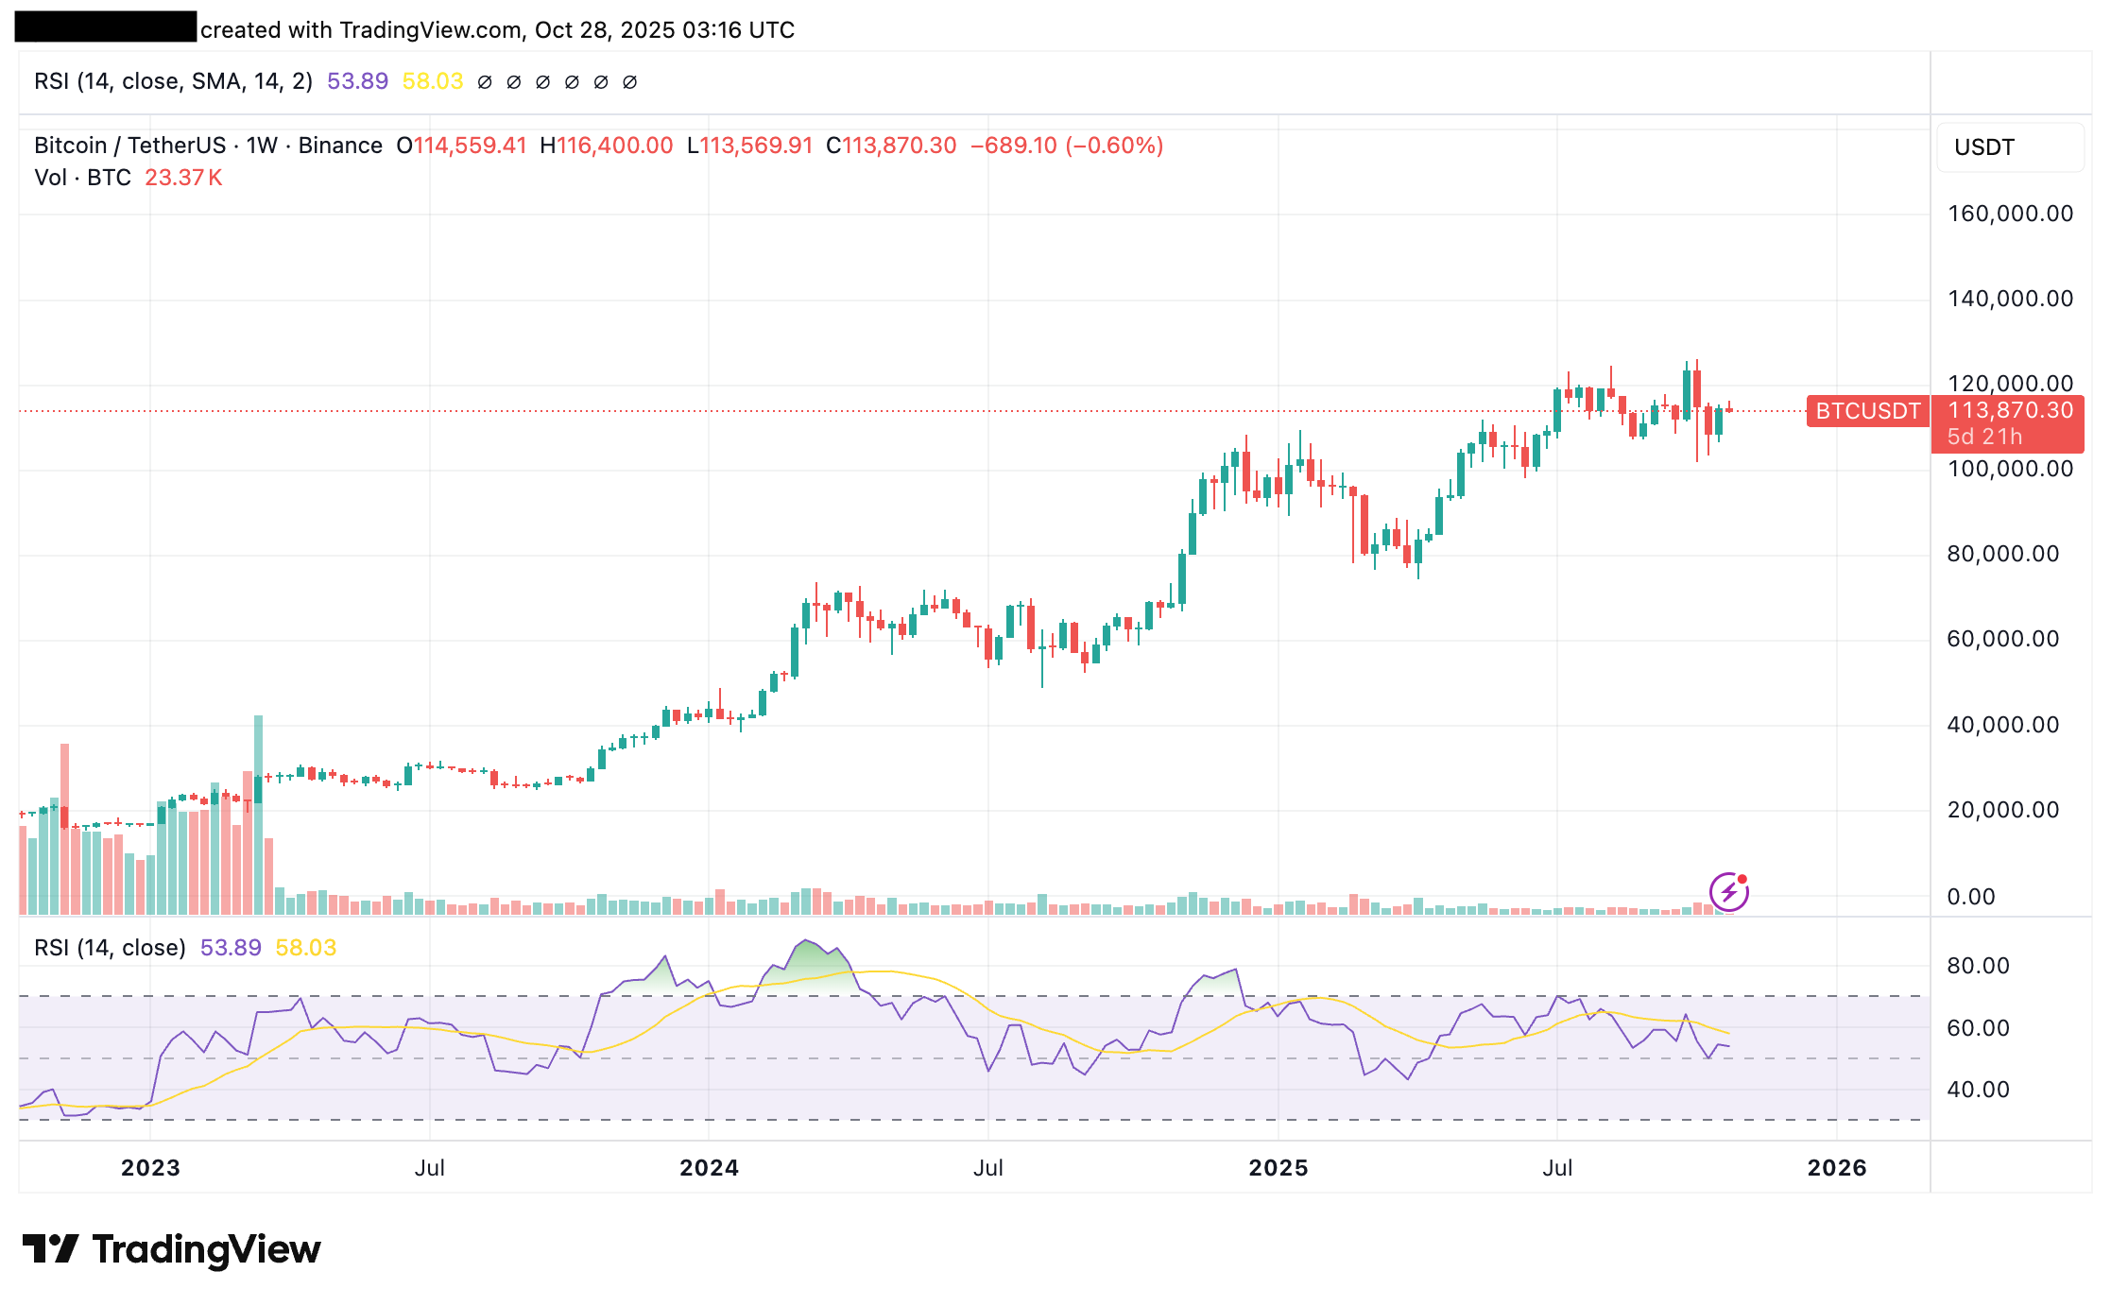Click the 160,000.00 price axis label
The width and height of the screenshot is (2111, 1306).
point(2010,214)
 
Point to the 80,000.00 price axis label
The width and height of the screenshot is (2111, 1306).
point(2002,554)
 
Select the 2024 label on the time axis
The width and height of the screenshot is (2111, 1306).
point(709,1168)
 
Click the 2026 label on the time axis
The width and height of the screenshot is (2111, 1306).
point(1836,1168)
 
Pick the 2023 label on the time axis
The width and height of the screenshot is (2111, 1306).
point(150,1168)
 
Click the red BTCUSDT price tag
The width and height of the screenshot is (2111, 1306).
point(1867,411)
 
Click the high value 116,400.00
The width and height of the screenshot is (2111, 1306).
point(614,146)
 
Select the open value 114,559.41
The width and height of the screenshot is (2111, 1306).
point(470,146)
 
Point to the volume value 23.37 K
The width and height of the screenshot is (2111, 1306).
point(183,178)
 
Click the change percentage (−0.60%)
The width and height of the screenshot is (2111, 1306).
point(1114,146)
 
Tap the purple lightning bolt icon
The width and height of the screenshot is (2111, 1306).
point(1728,891)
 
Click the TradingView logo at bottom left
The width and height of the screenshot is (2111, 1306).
point(172,1249)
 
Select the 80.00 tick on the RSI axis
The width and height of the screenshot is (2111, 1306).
point(1978,966)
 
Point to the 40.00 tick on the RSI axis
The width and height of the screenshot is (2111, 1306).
point(1978,1090)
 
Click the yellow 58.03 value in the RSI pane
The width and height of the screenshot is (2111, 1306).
point(305,948)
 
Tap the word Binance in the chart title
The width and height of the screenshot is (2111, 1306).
point(340,146)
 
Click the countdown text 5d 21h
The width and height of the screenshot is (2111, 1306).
point(1984,437)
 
